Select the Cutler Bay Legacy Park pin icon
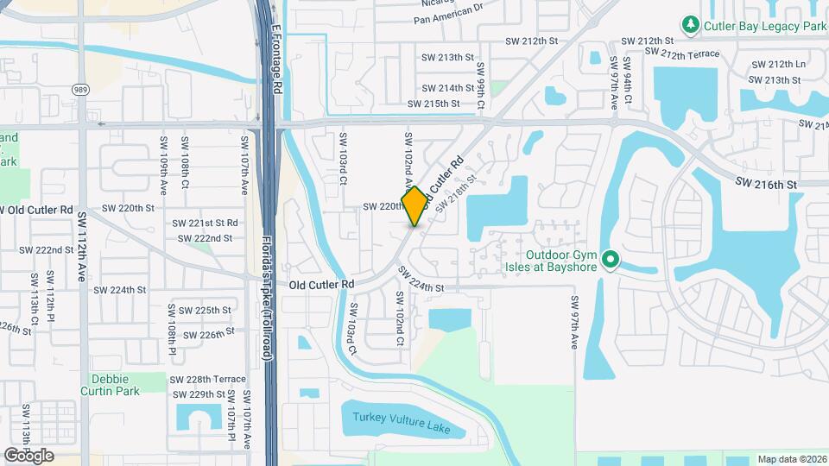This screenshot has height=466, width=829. coord(691,26)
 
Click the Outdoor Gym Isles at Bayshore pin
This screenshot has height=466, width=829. coord(611,259)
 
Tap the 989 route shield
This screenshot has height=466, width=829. coord(80,89)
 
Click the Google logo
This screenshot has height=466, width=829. coord(28,455)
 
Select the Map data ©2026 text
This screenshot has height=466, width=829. coord(791,459)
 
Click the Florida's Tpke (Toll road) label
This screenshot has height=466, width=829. coord(268,293)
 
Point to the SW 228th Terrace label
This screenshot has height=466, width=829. coord(208,380)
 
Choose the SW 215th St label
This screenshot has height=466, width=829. coord(433,104)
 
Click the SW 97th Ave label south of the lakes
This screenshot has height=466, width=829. coord(573,323)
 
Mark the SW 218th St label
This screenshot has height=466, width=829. coord(457,192)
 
